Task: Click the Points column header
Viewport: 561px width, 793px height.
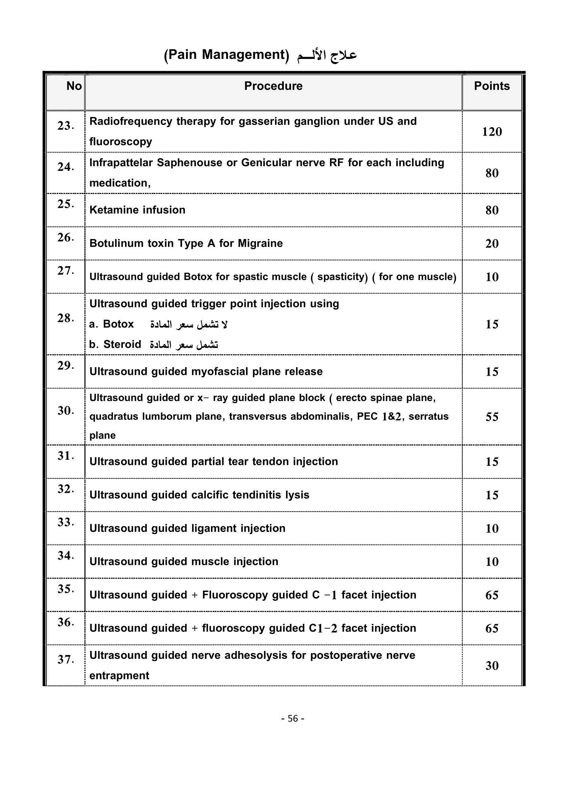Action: coord(491,86)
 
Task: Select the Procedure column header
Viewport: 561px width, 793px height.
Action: coord(273,86)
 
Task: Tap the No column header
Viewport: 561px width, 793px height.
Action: coord(74,86)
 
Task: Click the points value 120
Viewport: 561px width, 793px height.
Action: coord(491,132)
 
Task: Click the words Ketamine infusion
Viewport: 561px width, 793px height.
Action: coord(137,210)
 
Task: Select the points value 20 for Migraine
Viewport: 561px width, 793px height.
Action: coord(491,243)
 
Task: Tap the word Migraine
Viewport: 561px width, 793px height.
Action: coord(260,243)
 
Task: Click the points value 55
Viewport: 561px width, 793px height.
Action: coord(491,417)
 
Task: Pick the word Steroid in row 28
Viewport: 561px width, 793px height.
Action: coord(122,344)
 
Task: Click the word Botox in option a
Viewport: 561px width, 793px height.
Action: coord(118,324)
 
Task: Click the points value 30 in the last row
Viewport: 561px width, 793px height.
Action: coord(491,666)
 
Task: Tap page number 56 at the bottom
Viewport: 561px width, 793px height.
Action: coord(293,718)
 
